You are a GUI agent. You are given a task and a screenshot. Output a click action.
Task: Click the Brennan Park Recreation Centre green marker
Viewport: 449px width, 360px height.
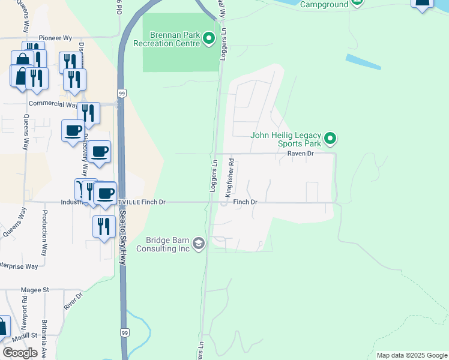coord(209,39)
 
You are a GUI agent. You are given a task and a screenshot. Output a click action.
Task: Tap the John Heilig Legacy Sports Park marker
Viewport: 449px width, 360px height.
coord(330,139)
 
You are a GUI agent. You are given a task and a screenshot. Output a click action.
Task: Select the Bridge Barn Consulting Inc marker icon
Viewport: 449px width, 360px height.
coord(199,244)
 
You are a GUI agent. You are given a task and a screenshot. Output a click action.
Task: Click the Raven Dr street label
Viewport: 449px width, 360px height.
coord(301,154)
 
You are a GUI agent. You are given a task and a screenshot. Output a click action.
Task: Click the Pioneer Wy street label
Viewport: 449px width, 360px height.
coord(50,37)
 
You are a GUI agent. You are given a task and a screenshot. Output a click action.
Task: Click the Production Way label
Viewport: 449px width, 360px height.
coord(44,233)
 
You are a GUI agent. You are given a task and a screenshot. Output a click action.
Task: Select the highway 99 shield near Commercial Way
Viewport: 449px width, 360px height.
coord(122,94)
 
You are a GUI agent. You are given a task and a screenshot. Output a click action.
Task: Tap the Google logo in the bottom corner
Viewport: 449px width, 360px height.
coord(20,353)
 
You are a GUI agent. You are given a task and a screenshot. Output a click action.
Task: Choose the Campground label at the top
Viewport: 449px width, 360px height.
coord(324,4)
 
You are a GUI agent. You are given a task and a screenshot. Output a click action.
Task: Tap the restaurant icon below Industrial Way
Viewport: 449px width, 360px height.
coord(104,226)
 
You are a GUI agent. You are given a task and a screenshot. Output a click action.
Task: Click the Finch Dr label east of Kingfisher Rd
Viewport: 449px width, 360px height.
coord(245,202)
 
